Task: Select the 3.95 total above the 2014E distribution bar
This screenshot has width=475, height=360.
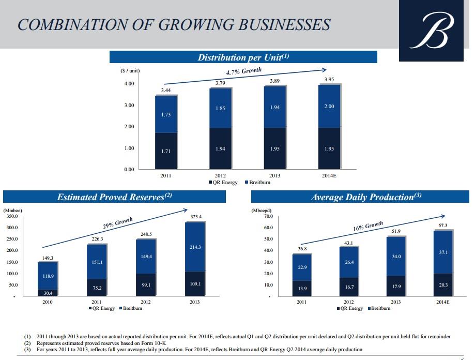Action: [x=329, y=79]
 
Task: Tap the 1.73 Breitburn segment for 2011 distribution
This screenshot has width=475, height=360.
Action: [x=165, y=115]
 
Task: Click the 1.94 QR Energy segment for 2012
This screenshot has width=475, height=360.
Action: [x=220, y=149]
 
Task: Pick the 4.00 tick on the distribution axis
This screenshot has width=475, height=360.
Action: [x=130, y=84]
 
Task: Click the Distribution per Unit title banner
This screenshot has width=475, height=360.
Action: [x=243, y=57]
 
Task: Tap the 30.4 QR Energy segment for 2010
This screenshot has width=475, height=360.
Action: [x=48, y=293]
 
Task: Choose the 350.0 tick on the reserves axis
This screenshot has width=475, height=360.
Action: [x=12, y=216]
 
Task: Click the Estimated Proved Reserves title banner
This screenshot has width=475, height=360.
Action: [x=114, y=197]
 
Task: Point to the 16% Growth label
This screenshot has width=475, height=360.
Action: [x=368, y=227]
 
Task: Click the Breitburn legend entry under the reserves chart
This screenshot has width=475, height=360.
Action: [x=131, y=308]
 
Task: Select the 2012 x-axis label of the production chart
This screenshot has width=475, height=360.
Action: [x=348, y=302]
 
